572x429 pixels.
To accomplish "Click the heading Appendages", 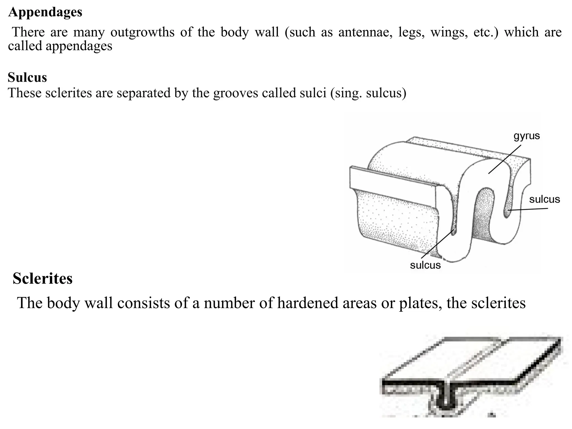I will pos(45,12).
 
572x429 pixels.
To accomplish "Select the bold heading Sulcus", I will pos(27,77).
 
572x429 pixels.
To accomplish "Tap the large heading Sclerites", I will pos(42,278).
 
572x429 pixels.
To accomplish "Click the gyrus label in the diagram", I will pos(527,136).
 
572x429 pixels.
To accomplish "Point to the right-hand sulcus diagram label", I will pos(544,199).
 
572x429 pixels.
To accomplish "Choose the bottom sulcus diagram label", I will pos(425,265).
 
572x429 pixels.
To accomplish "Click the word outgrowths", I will pos(142,32).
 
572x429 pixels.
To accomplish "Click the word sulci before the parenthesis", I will pos(313,93).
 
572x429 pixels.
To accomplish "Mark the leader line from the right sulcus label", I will pos(528,209).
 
